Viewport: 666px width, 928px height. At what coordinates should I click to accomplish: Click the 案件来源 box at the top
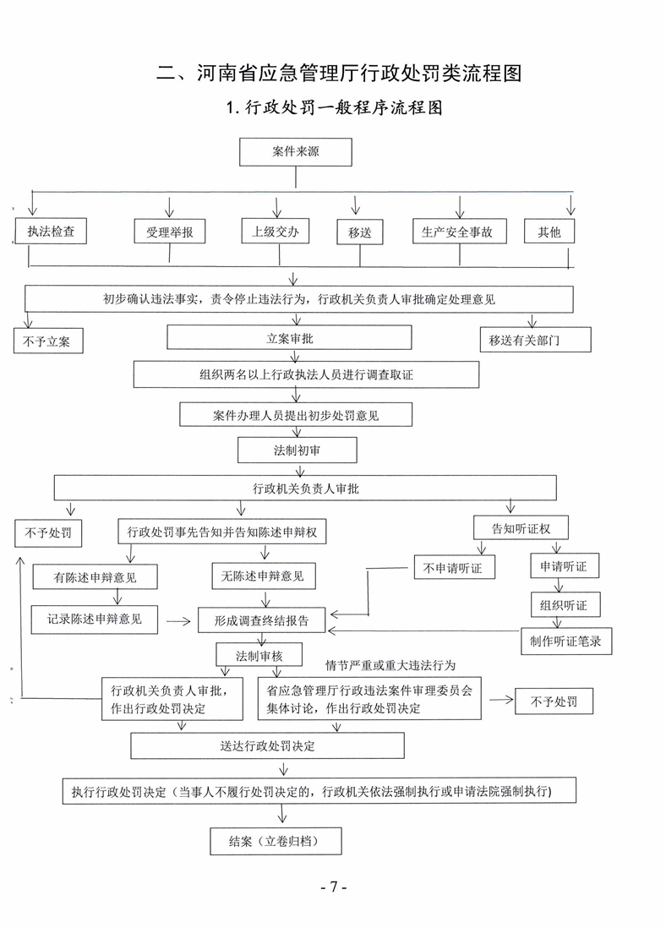pyautogui.click(x=296, y=152)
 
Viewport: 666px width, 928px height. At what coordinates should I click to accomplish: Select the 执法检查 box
pyautogui.click(x=51, y=231)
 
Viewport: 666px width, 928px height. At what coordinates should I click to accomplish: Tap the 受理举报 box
pyautogui.click(x=170, y=232)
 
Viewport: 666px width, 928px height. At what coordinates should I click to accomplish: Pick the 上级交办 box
pyautogui.click(x=276, y=231)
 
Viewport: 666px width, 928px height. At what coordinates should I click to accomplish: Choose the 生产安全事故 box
pyautogui.click(x=460, y=232)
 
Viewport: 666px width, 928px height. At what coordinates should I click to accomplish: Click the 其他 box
pyautogui.click(x=549, y=232)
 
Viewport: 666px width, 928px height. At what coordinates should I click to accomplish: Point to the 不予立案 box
pyautogui.click(x=48, y=341)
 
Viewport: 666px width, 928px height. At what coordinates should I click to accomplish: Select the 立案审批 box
pyautogui.click(x=289, y=337)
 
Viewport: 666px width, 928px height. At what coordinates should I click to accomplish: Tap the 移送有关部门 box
pyautogui.click(x=535, y=339)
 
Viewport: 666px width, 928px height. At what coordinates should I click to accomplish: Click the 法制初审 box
pyautogui.click(x=298, y=450)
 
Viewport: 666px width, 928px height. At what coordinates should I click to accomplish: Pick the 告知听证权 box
pyautogui.click(x=521, y=527)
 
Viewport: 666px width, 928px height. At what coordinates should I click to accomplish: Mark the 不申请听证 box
pyautogui.click(x=454, y=567)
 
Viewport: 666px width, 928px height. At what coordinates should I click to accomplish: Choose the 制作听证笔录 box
pyautogui.click(x=566, y=641)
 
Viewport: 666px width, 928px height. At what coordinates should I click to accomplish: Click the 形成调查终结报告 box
pyautogui.click(x=262, y=620)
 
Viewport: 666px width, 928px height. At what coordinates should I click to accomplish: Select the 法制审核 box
pyautogui.click(x=259, y=655)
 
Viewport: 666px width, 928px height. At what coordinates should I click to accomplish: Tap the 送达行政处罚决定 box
pyautogui.click(x=268, y=745)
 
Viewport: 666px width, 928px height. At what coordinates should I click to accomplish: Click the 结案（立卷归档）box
pyautogui.click(x=276, y=841)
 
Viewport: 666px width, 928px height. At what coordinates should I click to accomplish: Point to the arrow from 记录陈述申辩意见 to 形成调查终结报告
pyautogui.click(x=178, y=621)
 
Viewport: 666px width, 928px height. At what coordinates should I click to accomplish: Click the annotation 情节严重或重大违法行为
pyautogui.click(x=390, y=665)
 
